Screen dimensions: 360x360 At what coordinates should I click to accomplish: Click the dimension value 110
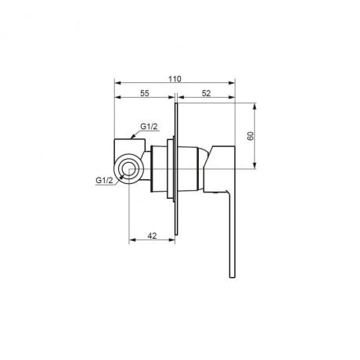(x=175, y=79)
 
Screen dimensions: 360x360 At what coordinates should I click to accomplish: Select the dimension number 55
(x=145, y=93)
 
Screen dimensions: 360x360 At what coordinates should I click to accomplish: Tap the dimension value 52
(x=206, y=93)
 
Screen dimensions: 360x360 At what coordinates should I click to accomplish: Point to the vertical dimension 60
(x=251, y=136)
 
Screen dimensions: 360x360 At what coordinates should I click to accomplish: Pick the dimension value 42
(x=152, y=236)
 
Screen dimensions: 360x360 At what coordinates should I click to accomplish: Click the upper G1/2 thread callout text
(x=149, y=127)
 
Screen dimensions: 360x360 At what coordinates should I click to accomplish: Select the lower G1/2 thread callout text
(x=104, y=180)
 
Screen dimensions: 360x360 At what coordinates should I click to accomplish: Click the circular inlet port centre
(x=129, y=169)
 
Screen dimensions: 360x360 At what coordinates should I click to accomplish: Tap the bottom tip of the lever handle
(x=232, y=277)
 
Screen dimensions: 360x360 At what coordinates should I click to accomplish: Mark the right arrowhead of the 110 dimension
(x=232, y=83)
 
